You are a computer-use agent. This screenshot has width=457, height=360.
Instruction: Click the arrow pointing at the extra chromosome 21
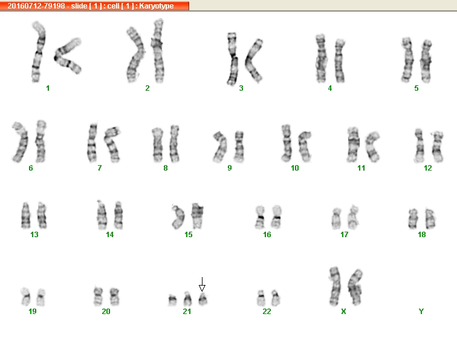coord(202,284)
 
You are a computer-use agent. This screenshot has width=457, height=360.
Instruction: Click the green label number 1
coord(48,88)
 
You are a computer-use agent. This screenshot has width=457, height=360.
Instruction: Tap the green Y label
coord(421,311)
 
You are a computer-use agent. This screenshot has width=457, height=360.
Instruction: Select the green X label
coord(343,311)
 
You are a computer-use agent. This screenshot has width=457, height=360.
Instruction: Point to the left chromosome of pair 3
coord(232,58)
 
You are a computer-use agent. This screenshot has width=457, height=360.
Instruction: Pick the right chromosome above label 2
coord(158,51)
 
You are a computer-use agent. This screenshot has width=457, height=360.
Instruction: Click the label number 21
coord(187,311)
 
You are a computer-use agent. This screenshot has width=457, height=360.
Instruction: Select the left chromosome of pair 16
coord(260,217)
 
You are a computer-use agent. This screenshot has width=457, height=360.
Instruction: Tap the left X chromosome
coord(335,286)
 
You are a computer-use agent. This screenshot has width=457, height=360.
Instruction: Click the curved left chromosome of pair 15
coord(178,217)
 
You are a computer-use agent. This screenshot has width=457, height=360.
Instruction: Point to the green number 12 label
coord(428,168)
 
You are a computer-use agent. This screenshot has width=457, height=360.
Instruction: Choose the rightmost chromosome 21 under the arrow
coord(203,299)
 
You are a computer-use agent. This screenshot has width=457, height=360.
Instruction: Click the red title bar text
coord(90,6)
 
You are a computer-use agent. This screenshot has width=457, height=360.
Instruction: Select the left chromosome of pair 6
coord(20,142)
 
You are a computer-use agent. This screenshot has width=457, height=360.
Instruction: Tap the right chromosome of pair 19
coord(41,297)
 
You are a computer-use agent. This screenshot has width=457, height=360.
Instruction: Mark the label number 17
coord(344,235)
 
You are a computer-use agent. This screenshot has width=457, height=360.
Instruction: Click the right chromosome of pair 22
coord(276,298)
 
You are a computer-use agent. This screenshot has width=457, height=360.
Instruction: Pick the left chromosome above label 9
coord(220,147)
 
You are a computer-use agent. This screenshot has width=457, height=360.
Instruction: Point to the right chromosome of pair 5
coord(426,61)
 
